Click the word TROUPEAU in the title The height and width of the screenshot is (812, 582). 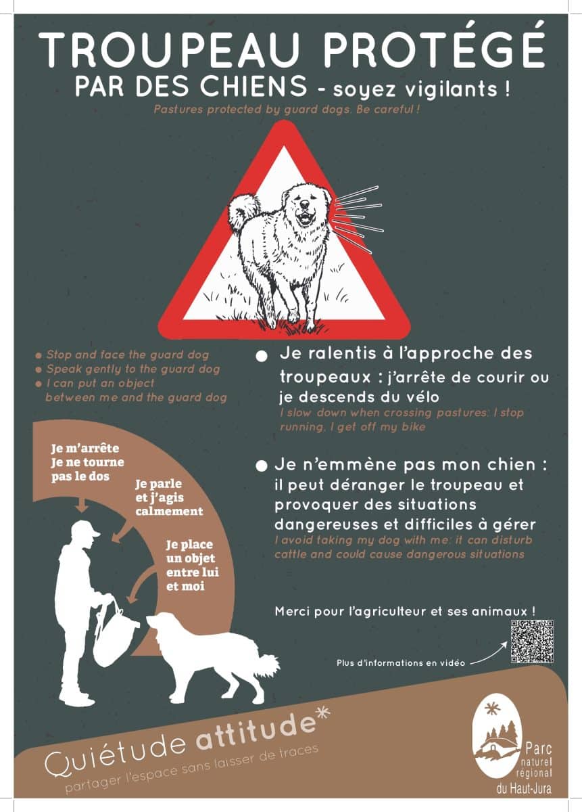coord(170,49)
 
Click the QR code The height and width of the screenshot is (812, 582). coord(532,641)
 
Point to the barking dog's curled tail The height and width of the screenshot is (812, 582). coord(243,212)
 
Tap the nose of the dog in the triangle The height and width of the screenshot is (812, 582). coord(305,204)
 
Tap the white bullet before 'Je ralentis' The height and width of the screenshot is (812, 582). coord(261,356)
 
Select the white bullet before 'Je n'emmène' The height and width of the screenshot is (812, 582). coord(261,466)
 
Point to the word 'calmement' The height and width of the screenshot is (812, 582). coord(169,511)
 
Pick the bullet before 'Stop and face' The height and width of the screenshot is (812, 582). coord(39,356)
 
